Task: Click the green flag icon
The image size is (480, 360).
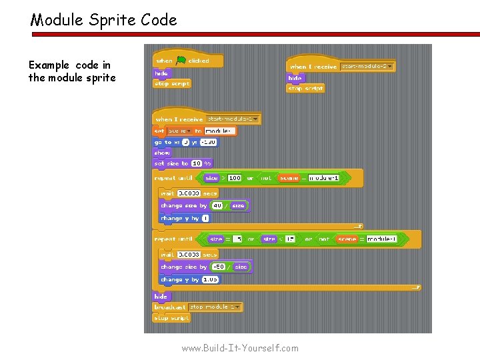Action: [x=181, y=61]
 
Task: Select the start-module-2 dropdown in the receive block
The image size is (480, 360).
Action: [x=367, y=66]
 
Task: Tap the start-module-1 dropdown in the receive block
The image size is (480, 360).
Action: [x=228, y=119]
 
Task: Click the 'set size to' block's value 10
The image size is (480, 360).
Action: [x=197, y=163]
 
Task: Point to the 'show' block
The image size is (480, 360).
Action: [x=162, y=153]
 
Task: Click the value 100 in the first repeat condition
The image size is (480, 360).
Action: [x=235, y=178]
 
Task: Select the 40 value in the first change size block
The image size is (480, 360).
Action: [x=217, y=206]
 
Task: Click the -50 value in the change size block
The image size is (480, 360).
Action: [x=219, y=267]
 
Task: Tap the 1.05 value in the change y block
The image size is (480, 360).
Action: [x=210, y=279]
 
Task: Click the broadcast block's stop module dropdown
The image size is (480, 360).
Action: [x=215, y=307]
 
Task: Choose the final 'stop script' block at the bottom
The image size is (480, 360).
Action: [x=171, y=318]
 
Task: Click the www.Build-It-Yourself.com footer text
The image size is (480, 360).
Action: [x=240, y=348]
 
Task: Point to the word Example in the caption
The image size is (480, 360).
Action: [x=49, y=65]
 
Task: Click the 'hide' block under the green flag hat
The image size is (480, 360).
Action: [x=162, y=73]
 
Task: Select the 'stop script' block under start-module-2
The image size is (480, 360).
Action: [x=305, y=88]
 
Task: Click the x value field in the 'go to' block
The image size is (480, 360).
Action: [x=185, y=142]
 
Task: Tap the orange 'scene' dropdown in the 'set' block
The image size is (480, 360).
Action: [x=179, y=131]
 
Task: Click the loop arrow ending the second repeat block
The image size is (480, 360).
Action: [x=416, y=287]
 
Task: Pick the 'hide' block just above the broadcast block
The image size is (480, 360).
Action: [x=161, y=297]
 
